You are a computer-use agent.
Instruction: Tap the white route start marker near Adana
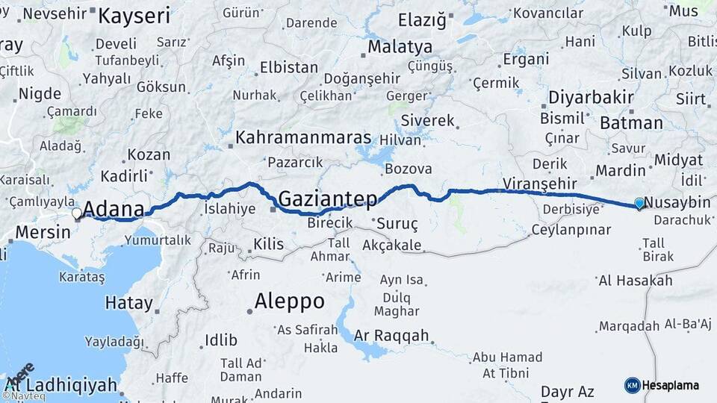[77, 213]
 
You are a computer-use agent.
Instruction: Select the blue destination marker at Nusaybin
[639, 203]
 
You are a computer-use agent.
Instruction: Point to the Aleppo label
[289, 302]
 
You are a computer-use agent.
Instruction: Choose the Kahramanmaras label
[303, 138]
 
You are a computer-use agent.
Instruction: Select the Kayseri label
[134, 16]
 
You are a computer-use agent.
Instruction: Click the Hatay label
[128, 304]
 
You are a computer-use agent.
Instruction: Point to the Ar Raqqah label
[391, 335]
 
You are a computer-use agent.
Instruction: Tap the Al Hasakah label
[635, 281]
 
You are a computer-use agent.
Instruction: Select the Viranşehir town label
[538, 183]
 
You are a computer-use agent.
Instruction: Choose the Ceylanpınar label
[571, 230]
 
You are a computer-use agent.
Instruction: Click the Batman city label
[631, 123]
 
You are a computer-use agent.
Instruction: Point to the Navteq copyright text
[24, 396]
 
